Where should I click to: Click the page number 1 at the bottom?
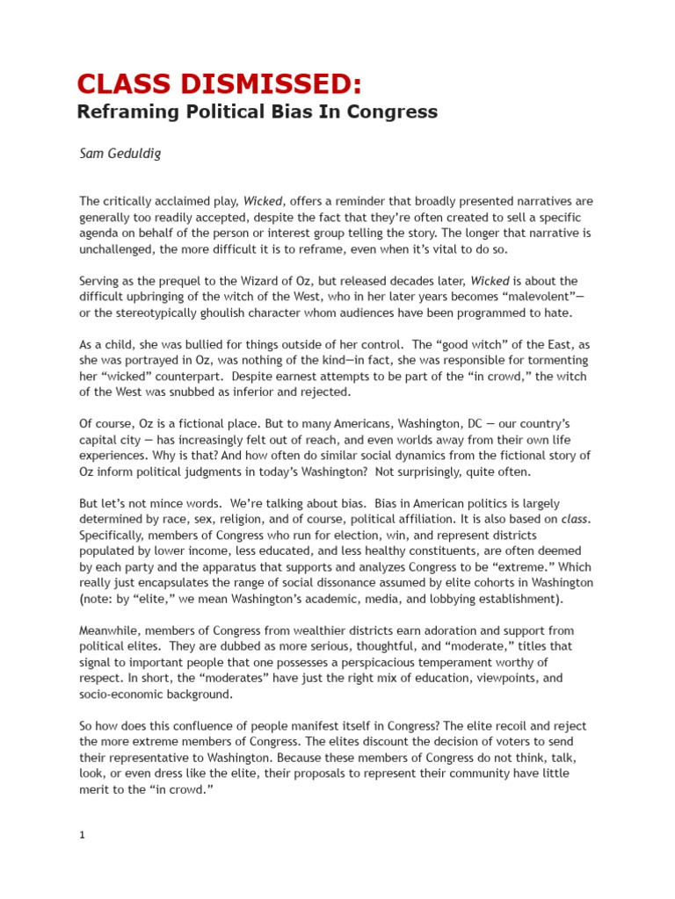(x=82, y=835)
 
